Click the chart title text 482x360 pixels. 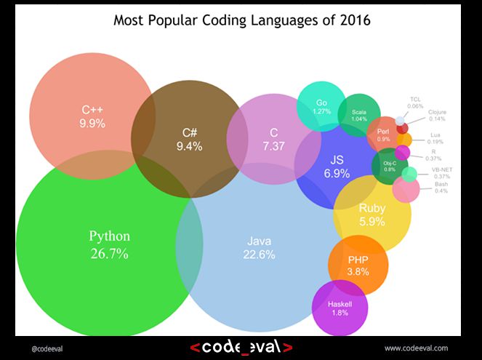coord(242,20)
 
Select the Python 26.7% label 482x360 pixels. coord(109,244)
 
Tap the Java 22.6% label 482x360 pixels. coord(259,247)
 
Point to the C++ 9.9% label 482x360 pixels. coord(92,117)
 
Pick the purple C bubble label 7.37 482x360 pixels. coord(273,139)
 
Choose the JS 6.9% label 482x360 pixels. coord(337,166)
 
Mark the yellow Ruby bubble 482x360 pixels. coord(372,215)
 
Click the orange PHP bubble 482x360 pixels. coord(358,265)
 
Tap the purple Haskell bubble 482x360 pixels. coord(340,308)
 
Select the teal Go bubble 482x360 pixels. coord(321,107)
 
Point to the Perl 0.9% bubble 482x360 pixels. coord(383,134)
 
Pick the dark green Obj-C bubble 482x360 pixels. coord(390,166)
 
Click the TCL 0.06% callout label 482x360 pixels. coord(416,102)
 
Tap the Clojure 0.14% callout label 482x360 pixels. coord(437,115)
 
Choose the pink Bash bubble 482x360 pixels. coord(405,190)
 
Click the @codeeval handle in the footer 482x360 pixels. coord(47,348)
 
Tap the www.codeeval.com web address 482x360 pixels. coord(416,348)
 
